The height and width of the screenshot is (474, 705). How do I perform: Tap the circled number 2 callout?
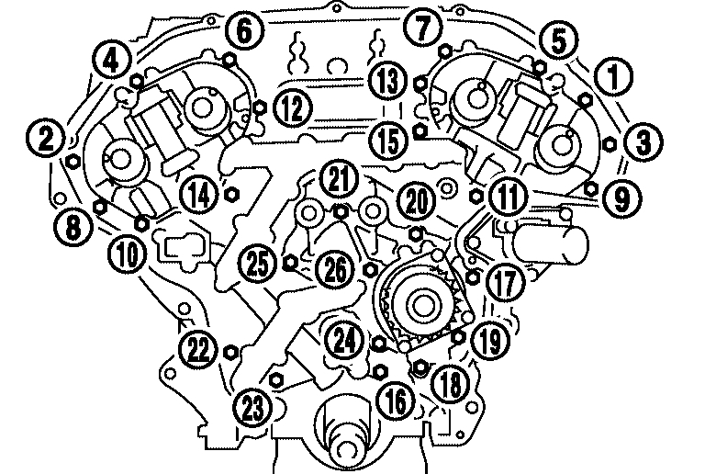coord(45,140)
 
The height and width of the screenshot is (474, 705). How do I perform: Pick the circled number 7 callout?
coord(420,28)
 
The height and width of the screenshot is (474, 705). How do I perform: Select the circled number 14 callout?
coord(197,193)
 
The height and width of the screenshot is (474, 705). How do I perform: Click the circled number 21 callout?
coord(341,179)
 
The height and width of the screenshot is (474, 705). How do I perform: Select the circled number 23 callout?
coord(251,404)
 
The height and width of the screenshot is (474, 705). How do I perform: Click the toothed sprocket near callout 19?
coord(421,302)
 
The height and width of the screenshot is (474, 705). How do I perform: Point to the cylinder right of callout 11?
coord(547,244)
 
